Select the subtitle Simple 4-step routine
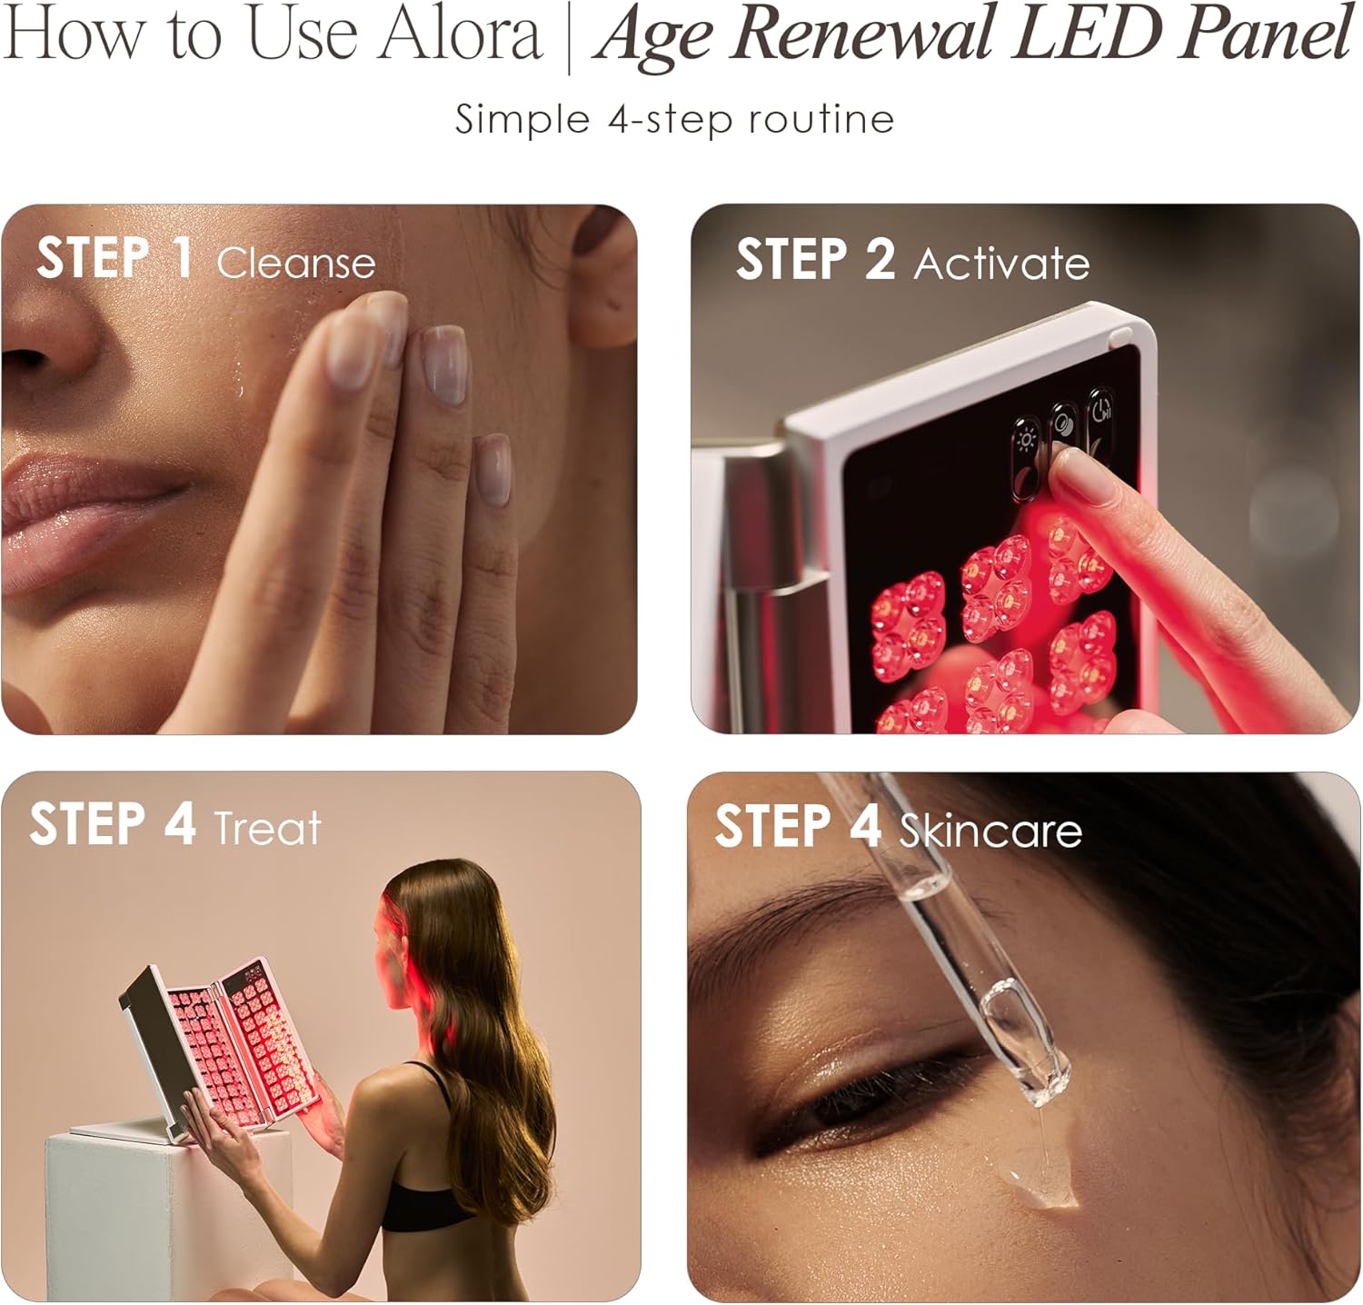tap(674, 119)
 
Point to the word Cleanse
tap(296, 263)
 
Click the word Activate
tap(1001, 263)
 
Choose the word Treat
tap(267, 827)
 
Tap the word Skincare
tap(990, 829)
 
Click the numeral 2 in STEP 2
tap(880, 259)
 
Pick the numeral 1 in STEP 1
tap(182, 257)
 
